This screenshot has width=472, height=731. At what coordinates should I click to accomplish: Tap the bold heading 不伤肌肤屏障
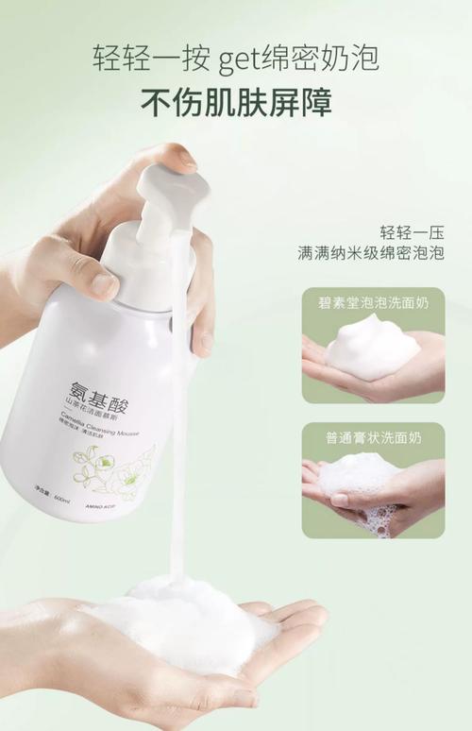click(x=236, y=101)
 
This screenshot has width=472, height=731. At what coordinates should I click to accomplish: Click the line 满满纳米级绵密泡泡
click(x=370, y=255)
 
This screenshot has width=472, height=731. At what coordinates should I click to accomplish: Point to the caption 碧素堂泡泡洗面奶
click(x=373, y=304)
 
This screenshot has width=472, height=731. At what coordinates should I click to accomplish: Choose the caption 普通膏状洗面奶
click(x=373, y=438)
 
